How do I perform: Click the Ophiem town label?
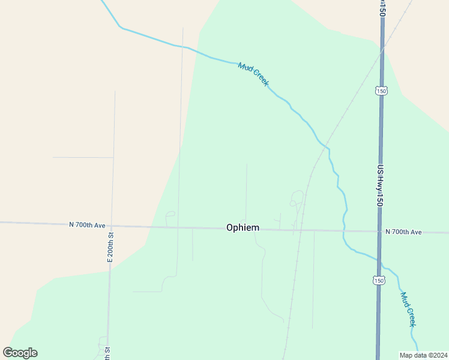(x=243, y=227)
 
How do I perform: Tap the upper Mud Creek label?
(x=253, y=74)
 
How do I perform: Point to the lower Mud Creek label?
(x=408, y=310)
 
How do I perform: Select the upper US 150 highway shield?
(x=381, y=91)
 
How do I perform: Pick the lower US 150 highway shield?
(x=378, y=280)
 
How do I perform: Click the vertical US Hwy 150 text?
(x=380, y=186)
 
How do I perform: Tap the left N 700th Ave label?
(x=87, y=225)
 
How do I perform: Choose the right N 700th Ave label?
(x=403, y=232)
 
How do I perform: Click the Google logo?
(x=20, y=353)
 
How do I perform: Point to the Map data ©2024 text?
(x=423, y=355)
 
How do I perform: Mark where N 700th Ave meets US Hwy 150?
(x=379, y=232)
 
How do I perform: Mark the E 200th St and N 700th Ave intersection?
(x=111, y=226)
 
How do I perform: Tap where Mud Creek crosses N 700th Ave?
(x=344, y=231)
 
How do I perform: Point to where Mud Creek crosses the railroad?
(x=325, y=146)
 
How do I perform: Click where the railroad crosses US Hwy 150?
(x=382, y=50)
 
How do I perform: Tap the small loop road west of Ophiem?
(x=170, y=214)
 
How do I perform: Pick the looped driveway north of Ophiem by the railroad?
(x=297, y=197)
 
